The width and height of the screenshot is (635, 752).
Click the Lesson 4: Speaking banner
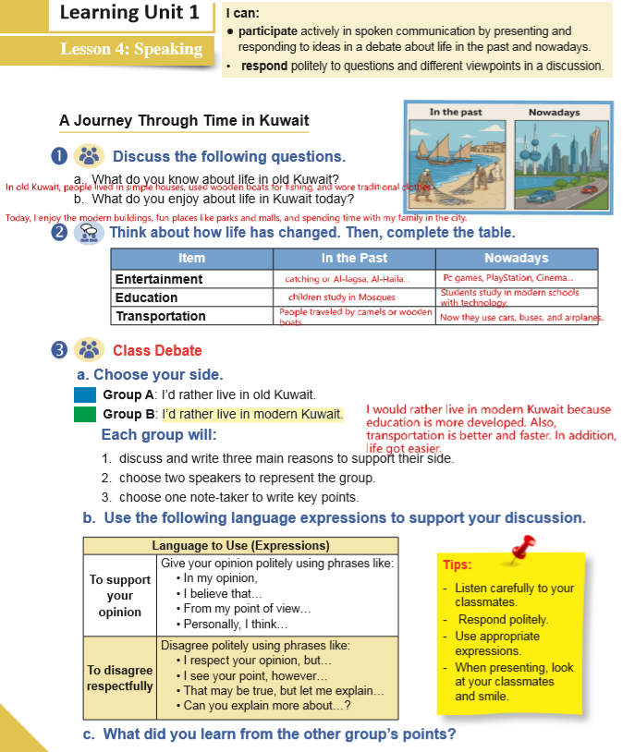click(130, 49)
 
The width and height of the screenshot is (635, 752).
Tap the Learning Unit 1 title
click(128, 13)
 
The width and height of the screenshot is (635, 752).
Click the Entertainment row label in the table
click(158, 279)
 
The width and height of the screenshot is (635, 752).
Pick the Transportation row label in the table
click(160, 316)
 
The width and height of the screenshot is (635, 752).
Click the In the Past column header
click(354, 258)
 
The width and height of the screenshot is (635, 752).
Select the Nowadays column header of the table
click(516, 258)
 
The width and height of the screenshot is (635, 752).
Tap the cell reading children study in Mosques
click(341, 297)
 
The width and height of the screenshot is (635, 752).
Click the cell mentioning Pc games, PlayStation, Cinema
click(507, 278)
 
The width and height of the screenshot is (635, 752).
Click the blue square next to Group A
click(85, 394)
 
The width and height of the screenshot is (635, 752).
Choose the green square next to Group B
click(85, 414)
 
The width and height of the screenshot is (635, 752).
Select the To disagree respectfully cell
click(120, 678)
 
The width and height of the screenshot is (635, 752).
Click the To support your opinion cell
click(120, 596)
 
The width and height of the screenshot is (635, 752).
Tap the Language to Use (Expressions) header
click(240, 546)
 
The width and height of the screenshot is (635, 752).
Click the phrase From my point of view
click(248, 609)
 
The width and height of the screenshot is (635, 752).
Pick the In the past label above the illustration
click(456, 113)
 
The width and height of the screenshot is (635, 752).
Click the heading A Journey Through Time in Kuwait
click(184, 121)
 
